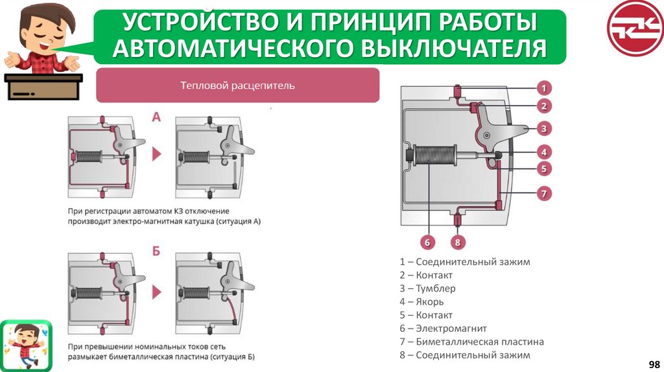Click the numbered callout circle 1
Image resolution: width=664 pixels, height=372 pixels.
pyautogui.click(x=545, y=87)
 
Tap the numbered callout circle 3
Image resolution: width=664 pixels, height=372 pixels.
pyautogui.click(x=545, y=128)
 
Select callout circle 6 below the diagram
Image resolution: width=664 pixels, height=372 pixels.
pyautogui.click(x=426, y=243)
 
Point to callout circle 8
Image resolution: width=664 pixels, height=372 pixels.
pyautogui.click(x=458, y=243)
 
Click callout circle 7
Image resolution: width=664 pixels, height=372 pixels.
pyautogui.click(x=545, y=192)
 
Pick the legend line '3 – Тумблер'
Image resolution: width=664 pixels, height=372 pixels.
pyautogui.click(x=427, y=288)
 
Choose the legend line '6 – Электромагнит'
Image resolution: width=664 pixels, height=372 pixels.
pyautogui.click(x=443, y=329)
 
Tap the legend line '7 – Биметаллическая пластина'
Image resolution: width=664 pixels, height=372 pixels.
pyautogui.click(x=471, y=342)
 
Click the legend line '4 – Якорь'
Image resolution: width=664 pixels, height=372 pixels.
pyautogui.click(x=421, y=302)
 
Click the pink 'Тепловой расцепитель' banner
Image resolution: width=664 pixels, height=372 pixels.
pyautogui.click(x=237, y=85)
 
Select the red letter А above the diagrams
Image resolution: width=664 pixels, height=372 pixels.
pyautogui.click(x=156, y=118)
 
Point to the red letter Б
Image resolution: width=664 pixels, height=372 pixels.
pyautogui.click(x=156, y=251)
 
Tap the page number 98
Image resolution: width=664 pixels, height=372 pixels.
pyautogui.click(x=654, y=364)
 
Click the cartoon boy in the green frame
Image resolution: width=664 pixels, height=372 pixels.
pyautogui.click(x=26, y=345)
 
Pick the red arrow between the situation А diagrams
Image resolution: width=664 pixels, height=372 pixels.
pyautogui.click(x=157, y=154)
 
